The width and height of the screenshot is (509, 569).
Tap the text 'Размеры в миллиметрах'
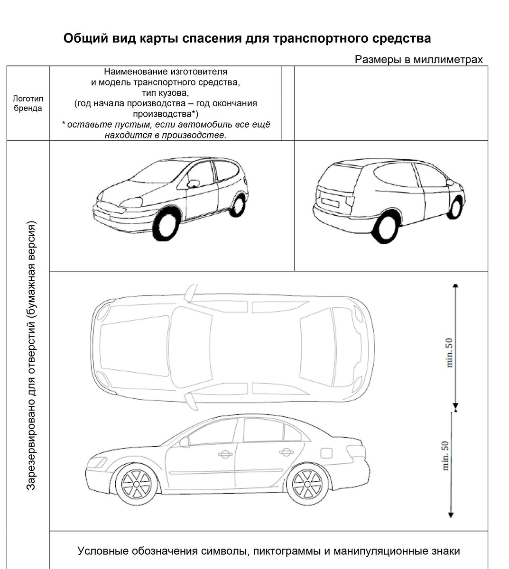coord(418,59)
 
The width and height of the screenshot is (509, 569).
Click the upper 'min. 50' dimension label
coord(449,352)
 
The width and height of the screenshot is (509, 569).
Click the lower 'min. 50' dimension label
coord(445,456)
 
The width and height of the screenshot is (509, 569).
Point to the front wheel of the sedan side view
coord(136,484)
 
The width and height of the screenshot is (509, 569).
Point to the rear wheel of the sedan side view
coord(307,484)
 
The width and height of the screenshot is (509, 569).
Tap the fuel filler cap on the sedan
coord(327,452)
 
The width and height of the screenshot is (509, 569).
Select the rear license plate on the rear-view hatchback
coord(330,201)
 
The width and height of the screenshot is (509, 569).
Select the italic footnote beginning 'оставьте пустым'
coord(166,129)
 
